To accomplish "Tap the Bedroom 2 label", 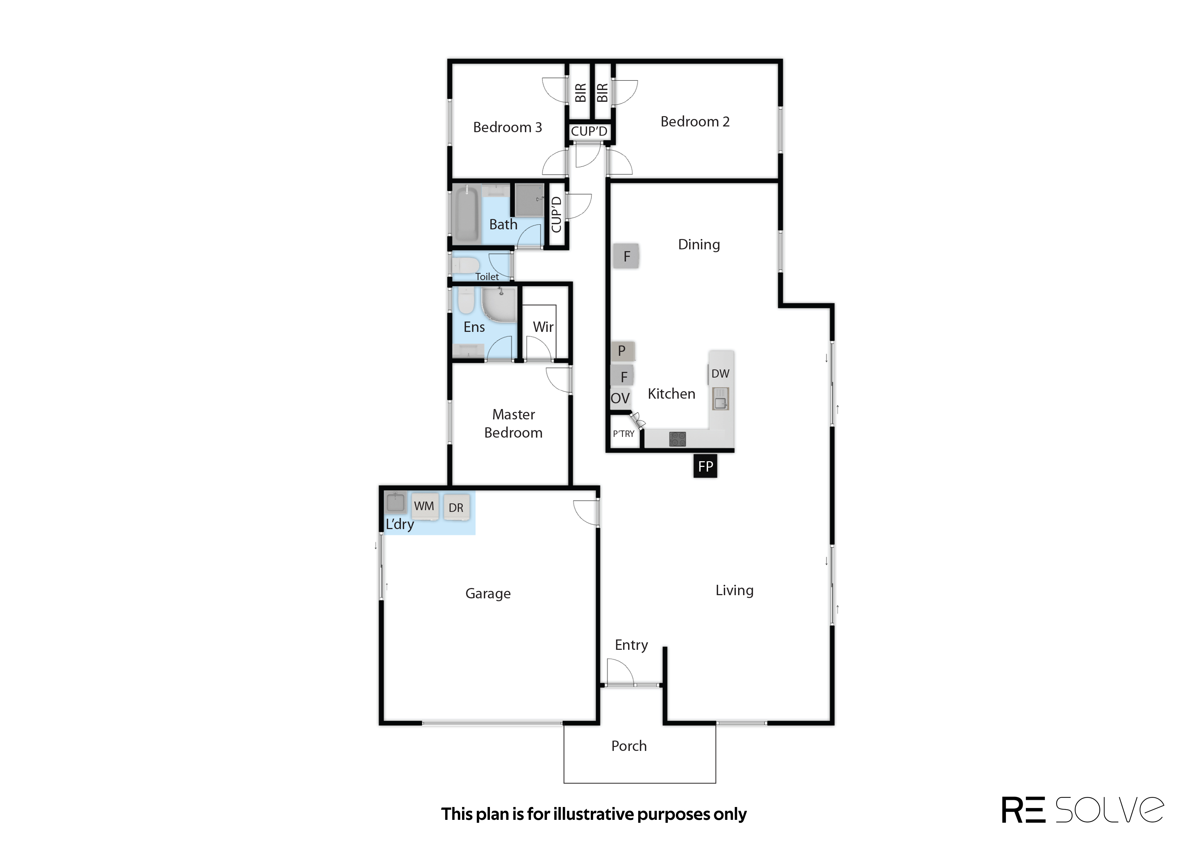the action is [x=695, y=121].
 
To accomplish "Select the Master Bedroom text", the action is [x=513, y=424].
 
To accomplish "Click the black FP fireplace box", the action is [x=705, y=466].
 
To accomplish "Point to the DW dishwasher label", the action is [x=720, y=373].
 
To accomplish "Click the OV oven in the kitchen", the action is [x=620, y=398].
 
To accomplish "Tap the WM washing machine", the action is [x=424, y=506].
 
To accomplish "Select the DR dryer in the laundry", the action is [x=456, y=508].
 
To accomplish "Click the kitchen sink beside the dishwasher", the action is [x=721, y=399].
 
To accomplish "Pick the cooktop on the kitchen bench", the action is [x=678, y=439].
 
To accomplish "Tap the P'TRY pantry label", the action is [x=623, y=433].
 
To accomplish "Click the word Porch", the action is [x=629, y=746].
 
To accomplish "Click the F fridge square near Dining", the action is [x=626, y=256].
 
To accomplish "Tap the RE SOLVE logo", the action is [x=1082, y=810].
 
